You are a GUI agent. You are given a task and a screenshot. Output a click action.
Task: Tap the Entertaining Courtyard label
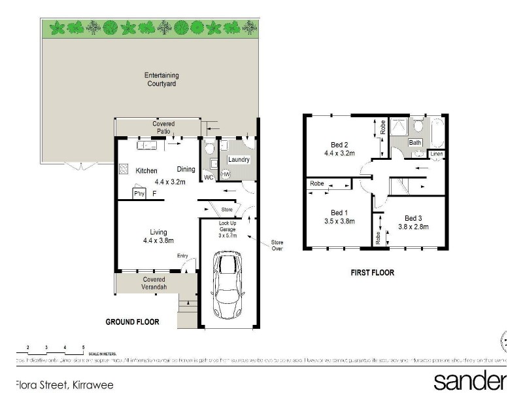[x=161, y=79]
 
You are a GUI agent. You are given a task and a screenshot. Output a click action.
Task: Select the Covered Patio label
[x=163, y=128]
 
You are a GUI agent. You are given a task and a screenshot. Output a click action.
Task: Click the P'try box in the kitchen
[x=139, y=194]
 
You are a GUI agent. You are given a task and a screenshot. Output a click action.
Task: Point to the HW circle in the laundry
[x=226, y=174]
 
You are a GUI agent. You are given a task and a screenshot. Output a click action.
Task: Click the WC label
[x=209, y=178]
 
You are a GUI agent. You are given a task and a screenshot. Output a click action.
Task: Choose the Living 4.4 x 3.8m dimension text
[x=158, y=241]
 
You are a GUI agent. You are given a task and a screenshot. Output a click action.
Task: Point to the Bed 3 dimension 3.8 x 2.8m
[x=413, y=227]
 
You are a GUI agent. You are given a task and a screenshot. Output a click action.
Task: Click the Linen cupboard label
[x=437, y=155]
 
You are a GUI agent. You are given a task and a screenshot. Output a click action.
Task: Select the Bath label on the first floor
[x=415, y=142]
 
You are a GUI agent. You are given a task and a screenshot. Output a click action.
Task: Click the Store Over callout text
[x=278, y=246]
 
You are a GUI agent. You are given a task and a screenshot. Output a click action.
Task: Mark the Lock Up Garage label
[x=228, y=227]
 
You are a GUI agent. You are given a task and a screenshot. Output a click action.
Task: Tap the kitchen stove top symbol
[x=124, y=169]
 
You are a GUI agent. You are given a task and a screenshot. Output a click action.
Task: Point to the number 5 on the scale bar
[x=83, y=346]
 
